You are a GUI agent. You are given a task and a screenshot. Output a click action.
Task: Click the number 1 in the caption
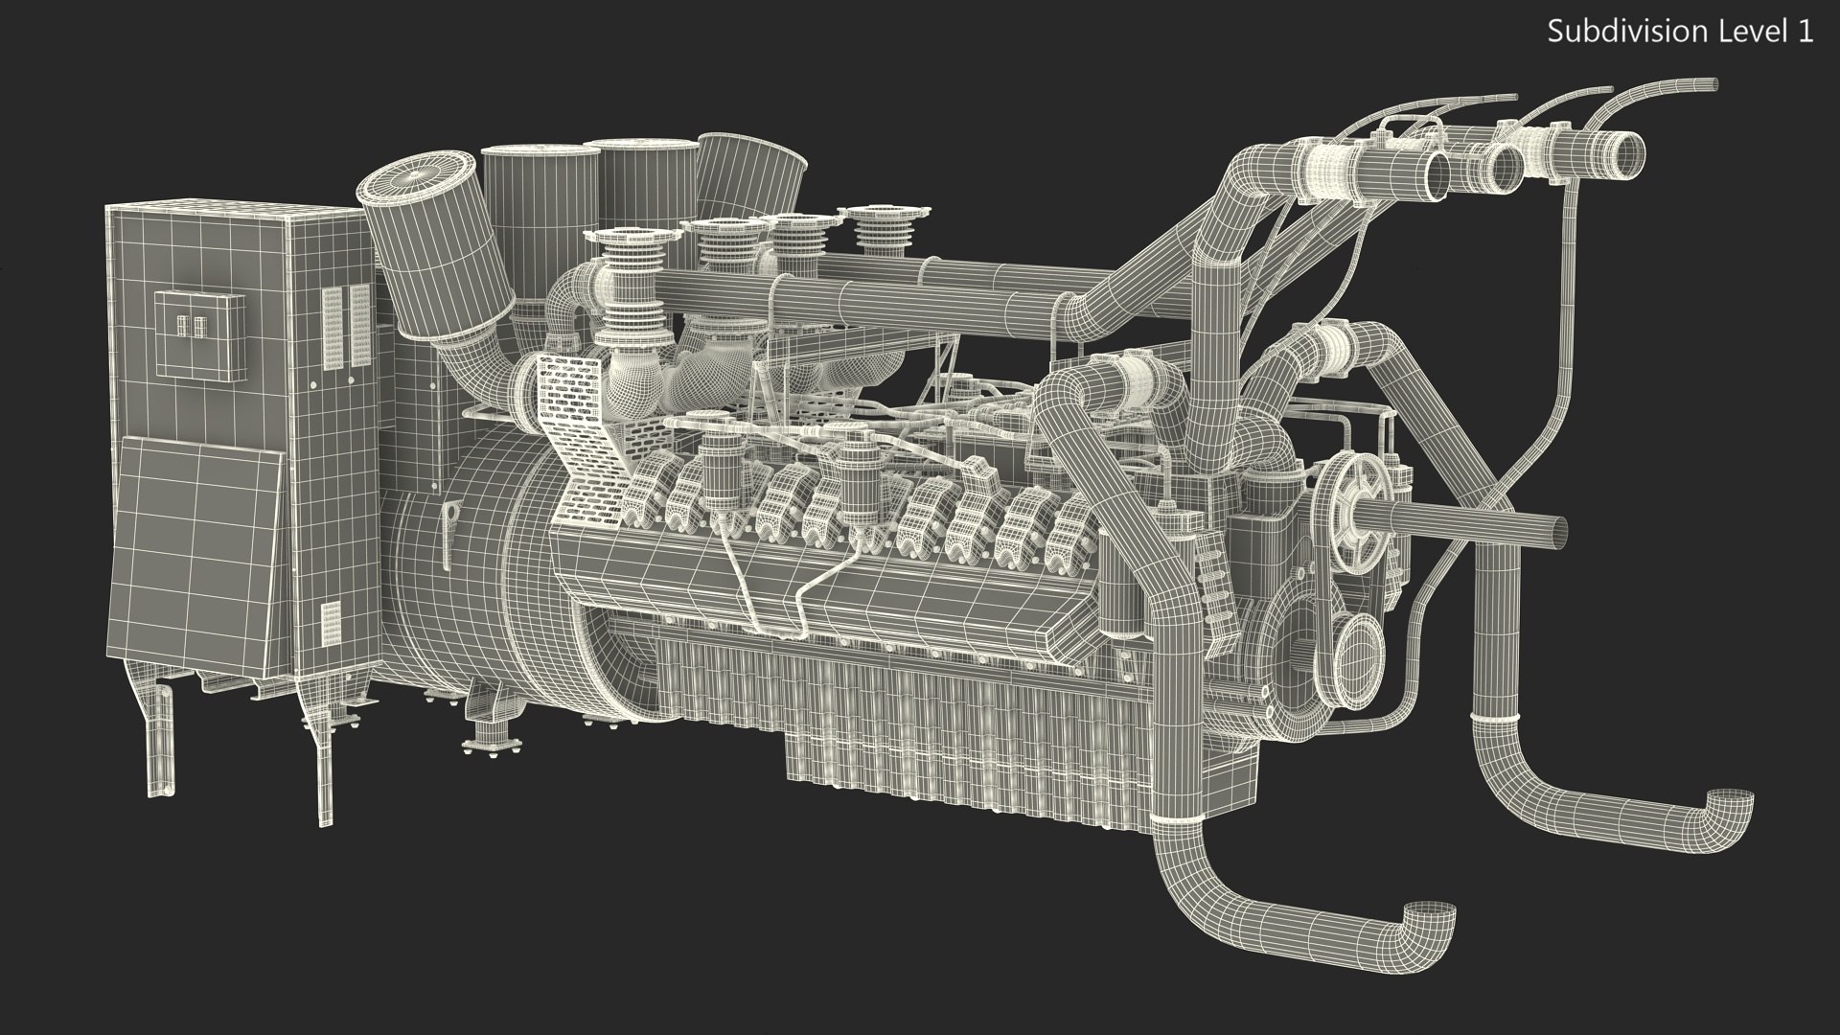[1805, 31]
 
